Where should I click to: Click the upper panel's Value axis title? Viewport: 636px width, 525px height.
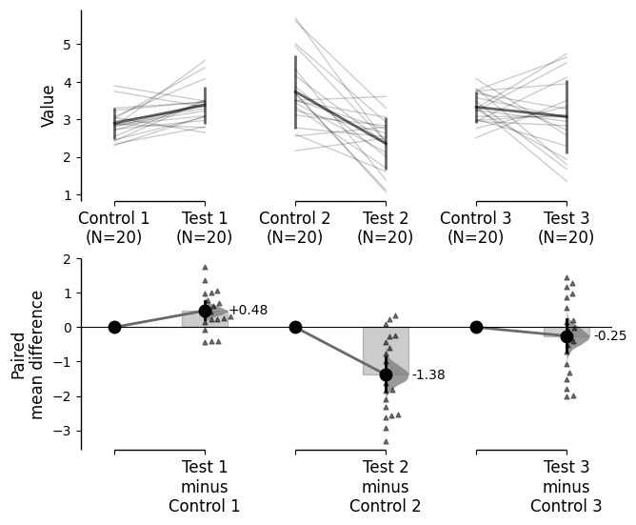[49, 105]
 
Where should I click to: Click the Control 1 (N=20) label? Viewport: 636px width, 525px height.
[114, 228]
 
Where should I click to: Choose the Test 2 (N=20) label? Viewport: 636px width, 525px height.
[386, 228]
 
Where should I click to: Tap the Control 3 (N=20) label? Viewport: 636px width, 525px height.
[476, 228]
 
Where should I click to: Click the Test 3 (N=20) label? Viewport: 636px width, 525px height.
[566, 228]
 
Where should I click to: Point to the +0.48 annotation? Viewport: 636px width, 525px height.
[248, 311]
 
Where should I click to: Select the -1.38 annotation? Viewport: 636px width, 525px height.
[428, 375]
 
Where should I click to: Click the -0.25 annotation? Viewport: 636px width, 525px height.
[610, 336]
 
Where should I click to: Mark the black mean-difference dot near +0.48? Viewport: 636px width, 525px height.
[205, 311]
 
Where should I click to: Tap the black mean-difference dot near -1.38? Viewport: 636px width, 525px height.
[386, 374]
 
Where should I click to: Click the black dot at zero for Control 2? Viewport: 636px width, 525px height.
[295, 327]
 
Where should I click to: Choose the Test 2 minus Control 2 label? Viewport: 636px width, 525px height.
[386, 486]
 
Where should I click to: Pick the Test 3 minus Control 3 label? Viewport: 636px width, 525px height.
[566, 486]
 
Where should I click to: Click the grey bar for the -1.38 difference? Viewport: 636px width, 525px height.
[373, 351]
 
